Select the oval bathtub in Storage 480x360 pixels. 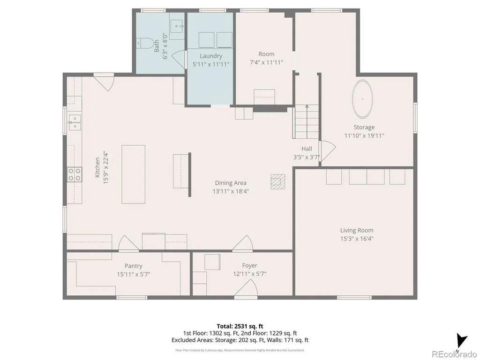point(362,99)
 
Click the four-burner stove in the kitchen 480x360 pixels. point(75,174)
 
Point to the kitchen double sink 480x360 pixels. point(75,122)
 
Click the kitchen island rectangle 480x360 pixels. point(134,174)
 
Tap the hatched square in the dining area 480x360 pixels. point(277,181)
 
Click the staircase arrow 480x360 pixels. point(307,121)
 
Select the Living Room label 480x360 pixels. point(357,230)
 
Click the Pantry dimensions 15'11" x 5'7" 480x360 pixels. point(134,274)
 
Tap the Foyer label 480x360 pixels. point(249,265)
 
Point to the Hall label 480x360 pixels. point(307,149)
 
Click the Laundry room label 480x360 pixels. point(211,56)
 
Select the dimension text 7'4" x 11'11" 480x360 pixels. point(266,62)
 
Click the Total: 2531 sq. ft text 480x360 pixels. point(240,326)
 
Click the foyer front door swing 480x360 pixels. point(246,288)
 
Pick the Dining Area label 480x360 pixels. point(231,183)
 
